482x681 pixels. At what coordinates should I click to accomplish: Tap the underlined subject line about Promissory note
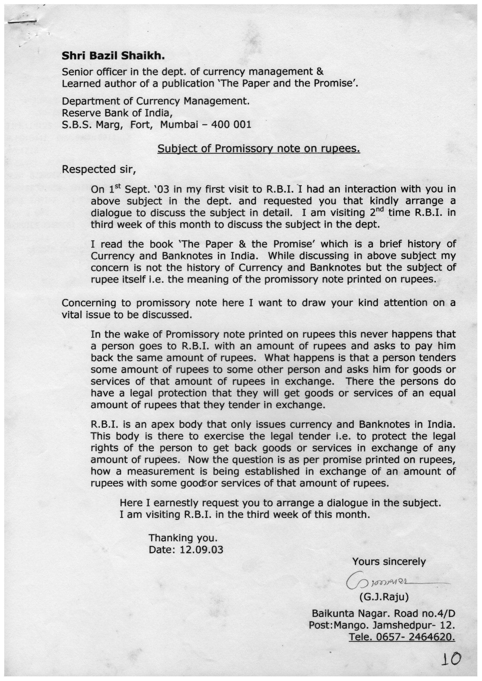coord(259,148)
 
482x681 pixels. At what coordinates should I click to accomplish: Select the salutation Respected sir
coord(98,169)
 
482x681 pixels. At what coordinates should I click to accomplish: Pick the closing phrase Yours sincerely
coord(389,561)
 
